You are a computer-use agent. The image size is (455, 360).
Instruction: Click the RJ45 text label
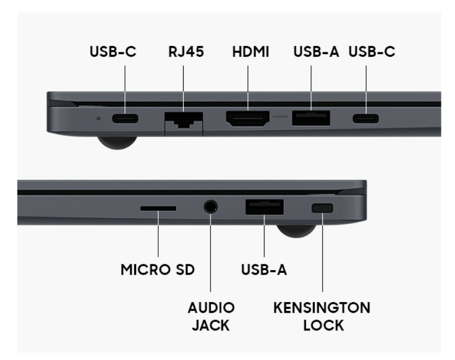click(x=186, y=52)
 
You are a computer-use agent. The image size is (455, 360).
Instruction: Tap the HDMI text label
click(x=251, y=52)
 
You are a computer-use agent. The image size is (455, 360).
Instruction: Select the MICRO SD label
click(x=158, y=270)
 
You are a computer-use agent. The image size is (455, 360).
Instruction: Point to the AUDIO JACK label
click(x=211, y=316)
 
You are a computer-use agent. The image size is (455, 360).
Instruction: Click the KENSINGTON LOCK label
click(x=322, y=316)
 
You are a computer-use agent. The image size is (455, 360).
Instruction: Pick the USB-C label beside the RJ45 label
click(x=113, y=52)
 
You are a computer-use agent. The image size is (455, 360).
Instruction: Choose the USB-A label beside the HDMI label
click(x=316, y=52)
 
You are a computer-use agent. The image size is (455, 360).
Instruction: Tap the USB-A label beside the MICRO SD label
click(x=264, y=270)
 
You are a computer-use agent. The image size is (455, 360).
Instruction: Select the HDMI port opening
click(x=248, y=119)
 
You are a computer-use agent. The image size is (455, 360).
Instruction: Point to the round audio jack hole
click(x=210, y=207)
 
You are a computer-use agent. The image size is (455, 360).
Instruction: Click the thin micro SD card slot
click(x=158, y=208)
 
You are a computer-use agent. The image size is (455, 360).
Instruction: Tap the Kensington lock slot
click(x=322, y=208)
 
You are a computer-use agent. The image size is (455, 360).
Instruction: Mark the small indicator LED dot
click(x=98, y=118)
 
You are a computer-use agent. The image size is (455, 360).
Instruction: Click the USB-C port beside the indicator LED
click(x=125, y=119)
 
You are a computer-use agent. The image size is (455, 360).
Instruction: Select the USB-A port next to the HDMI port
click(x=311, y=118)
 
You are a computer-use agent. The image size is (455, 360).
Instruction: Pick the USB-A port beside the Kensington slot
click(x=264, y=207)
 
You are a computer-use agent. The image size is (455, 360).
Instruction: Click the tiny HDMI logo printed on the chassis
click(x=280, y=117)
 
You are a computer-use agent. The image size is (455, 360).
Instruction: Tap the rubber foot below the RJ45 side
click(x=117, y=143)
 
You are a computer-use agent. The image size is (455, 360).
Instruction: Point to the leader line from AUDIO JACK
click(x=210, y=253)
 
